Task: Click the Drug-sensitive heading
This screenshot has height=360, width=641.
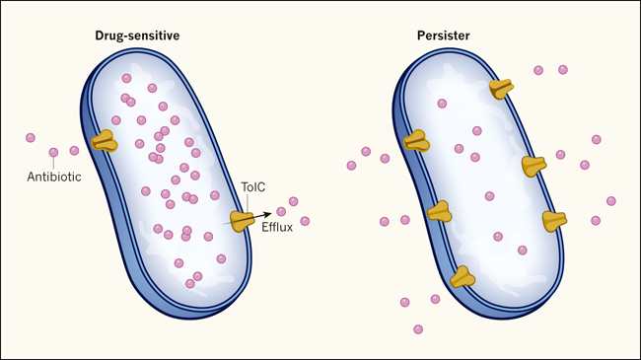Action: tap(137, 36)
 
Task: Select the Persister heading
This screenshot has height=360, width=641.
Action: tap(443, 36)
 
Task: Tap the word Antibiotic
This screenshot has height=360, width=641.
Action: tap(54, 177)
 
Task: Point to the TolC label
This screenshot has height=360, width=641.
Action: tap(253, 187)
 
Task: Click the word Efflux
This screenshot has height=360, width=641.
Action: tap(277, 227)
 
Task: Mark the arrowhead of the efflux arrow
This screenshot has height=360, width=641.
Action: tap(267, 214)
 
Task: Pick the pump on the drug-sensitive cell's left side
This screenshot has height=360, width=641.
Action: tap(105, 141)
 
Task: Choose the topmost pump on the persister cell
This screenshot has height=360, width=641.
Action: tap(501, 89)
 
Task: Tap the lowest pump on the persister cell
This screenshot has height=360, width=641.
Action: tap(463, 277)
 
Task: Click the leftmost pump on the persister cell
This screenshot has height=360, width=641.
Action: tap(416, 140)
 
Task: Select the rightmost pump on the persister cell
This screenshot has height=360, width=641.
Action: tap(554, 221)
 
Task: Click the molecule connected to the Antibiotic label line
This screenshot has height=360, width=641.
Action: tap(53, 153)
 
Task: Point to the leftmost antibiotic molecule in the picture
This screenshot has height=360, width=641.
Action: tap(31, 138)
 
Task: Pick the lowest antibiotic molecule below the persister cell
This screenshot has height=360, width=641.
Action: tap(418, 329)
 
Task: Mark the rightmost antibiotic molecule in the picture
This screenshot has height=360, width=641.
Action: tap(611, 201)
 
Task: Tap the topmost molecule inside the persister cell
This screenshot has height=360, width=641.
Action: tap(442, 104)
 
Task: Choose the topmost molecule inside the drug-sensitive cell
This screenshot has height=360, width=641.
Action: tap(127, 78)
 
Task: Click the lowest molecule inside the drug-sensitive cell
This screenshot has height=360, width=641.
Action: tap(190, 283)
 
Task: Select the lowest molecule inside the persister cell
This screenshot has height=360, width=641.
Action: tap(522, 250)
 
